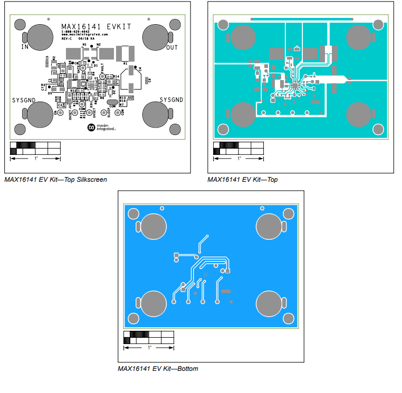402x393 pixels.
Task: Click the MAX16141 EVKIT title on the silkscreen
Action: point(96,26)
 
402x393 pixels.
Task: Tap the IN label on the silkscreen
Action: point(25,47)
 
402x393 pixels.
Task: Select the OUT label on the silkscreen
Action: point(171,48)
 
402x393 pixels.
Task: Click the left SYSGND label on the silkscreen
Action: point(24,100)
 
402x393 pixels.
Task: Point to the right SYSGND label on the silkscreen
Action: point(171,100)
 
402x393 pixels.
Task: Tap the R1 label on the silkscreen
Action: point(125,63)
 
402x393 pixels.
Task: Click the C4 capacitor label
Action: point(140,69)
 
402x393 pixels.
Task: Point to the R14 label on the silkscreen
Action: point(116,76)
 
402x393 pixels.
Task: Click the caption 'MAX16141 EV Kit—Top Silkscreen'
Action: point(55,180)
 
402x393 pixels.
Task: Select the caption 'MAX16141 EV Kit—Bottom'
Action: point(158,369)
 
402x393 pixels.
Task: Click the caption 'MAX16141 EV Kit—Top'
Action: point(243,180)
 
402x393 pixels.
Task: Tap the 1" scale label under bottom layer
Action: point(149,348)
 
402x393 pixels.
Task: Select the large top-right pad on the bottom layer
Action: point(270,226)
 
